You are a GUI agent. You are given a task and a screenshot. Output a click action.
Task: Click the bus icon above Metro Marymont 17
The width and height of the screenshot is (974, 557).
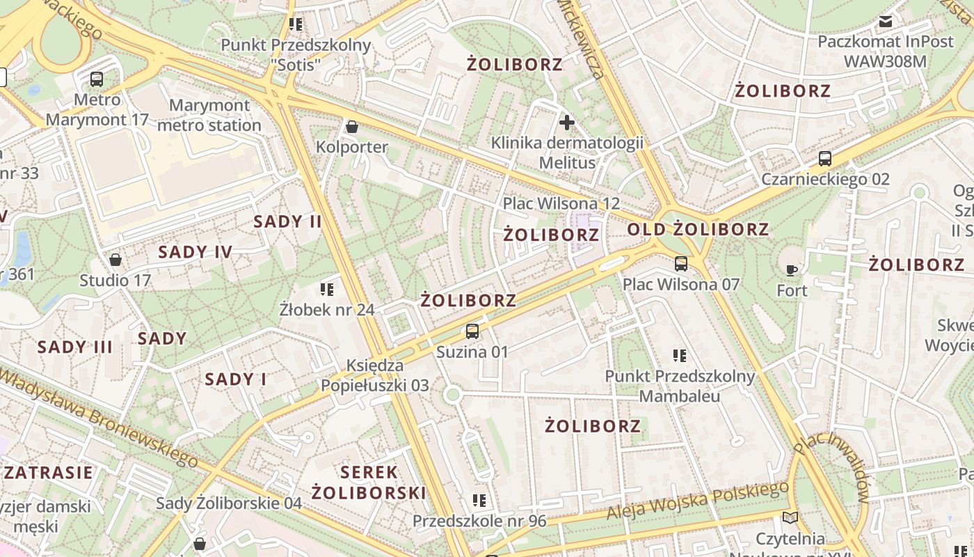(x=97, y=79)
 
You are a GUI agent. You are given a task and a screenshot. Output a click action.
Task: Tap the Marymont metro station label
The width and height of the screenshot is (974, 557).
(x=209, y=116)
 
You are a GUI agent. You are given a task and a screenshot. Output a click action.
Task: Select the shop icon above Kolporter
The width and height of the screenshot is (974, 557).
(x=352, y=127)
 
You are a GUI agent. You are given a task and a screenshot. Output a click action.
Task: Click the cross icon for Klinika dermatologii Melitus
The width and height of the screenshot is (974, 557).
(x=567, y=123)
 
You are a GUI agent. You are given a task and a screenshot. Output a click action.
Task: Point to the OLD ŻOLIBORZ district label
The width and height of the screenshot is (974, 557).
(x=698, y=230)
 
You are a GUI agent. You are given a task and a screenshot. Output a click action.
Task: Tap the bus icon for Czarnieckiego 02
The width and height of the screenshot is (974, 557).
(x=825, y=159)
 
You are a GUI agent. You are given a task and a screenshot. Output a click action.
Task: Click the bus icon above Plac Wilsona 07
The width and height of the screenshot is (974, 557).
(x=681, y=264)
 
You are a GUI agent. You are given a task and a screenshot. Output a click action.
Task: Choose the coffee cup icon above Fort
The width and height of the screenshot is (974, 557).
(x=792, y=269)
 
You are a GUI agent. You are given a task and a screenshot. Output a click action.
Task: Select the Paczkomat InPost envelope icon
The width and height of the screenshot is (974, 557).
(x=886, y=22)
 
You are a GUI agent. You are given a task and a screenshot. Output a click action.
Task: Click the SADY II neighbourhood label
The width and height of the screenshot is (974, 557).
(x=287, y=222)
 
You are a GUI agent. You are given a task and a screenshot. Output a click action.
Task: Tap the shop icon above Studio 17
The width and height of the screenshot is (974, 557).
(x=115, y=260)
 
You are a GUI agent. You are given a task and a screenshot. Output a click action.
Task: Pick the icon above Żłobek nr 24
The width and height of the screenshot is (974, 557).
(x=327, y=288)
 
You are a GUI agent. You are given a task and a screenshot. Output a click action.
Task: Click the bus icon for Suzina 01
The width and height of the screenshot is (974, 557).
(x=472, y=331)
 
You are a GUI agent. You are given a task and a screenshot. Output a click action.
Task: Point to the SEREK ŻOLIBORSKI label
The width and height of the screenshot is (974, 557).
(x=369, y=483)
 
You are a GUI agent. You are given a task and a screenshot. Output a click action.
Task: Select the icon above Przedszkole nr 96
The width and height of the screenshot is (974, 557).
(x=479, y=501)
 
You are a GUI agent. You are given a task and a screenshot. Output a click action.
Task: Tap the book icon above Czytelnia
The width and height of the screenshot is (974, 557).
(x=790, y=517)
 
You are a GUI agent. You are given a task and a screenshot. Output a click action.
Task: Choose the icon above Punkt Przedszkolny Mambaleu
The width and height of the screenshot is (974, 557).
(x=680, y=356)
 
